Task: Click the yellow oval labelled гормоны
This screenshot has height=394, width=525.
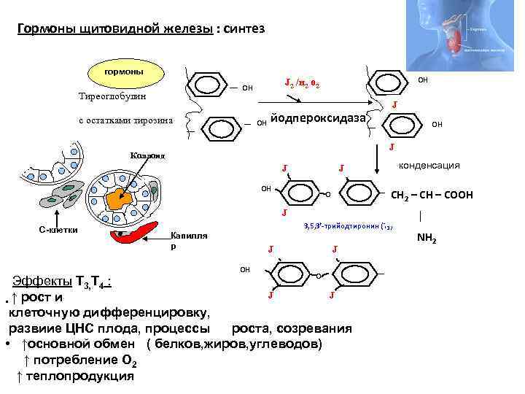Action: (123, 72)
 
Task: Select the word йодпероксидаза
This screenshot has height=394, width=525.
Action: (320, 118)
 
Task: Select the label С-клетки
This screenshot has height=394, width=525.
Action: (58, 230)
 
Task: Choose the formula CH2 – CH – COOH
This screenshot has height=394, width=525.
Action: (432, 195)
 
